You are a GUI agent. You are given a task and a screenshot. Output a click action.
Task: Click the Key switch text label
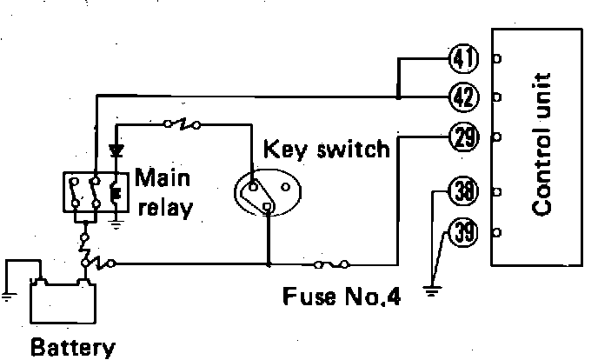pyautogui.click(x=326, y=149)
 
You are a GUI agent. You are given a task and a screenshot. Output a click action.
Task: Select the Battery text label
pyautogui.click(x=71, y=348)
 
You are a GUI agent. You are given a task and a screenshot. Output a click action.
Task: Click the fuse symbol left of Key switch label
pyautogui.click(x=185, y=124)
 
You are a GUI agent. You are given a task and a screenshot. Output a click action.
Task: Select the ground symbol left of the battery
pyautogui.click(x=8, y=294)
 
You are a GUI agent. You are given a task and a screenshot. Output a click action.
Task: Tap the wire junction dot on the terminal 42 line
pyautogui.click(x=398, y=96)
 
